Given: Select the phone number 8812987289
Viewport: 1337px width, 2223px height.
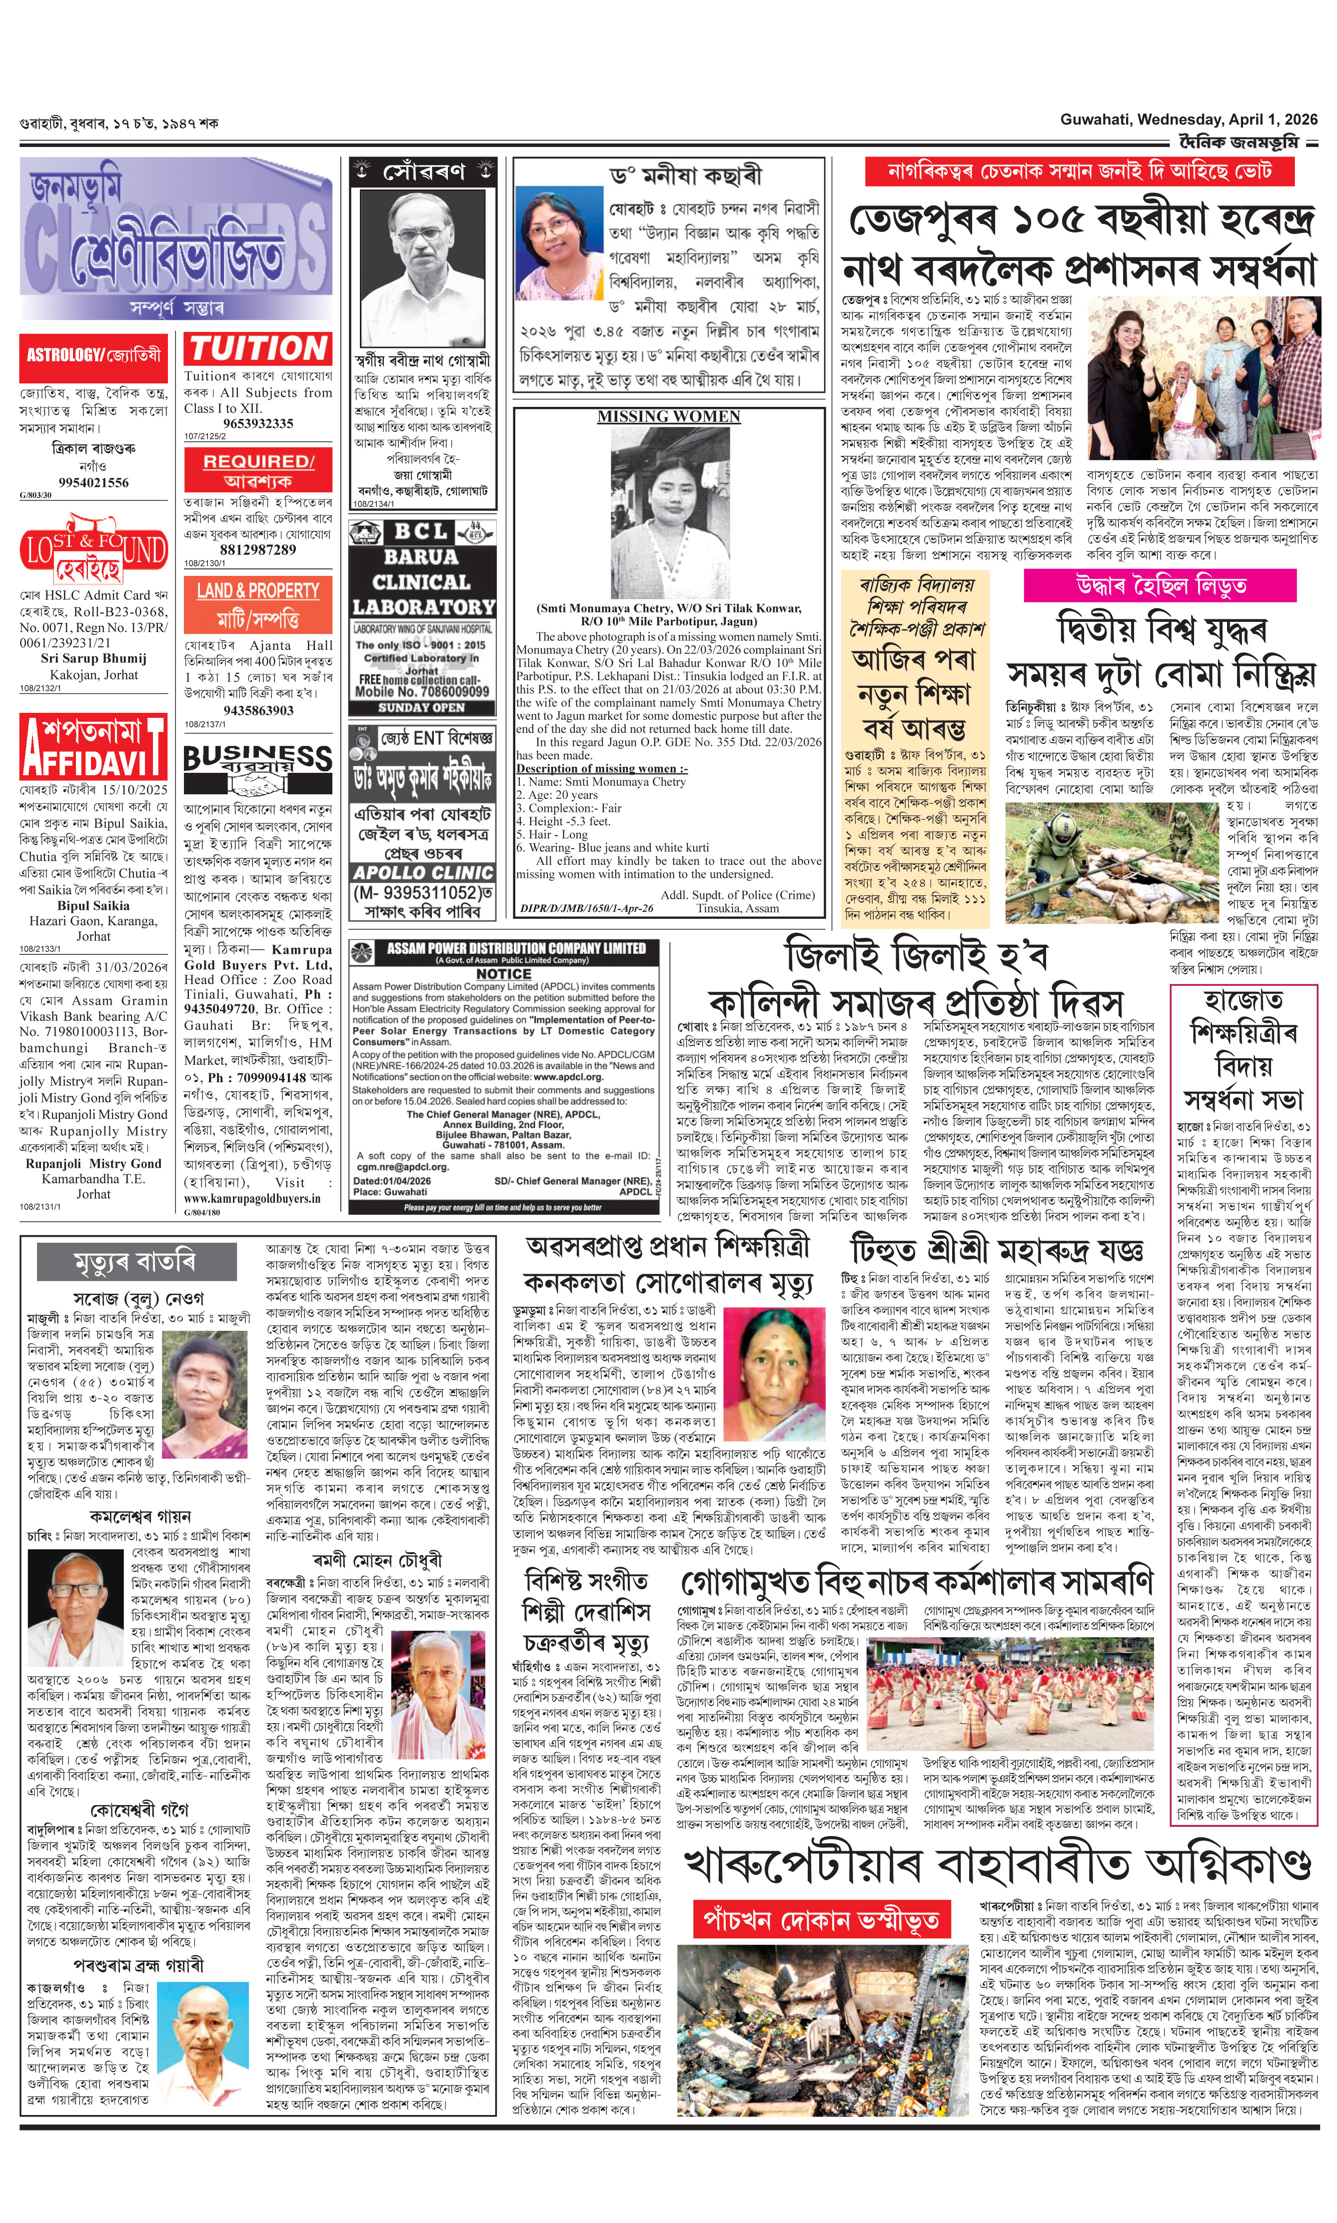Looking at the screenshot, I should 258,550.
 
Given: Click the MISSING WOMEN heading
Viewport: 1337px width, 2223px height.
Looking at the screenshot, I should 669,416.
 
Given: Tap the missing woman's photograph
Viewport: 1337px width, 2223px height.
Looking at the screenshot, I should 669,512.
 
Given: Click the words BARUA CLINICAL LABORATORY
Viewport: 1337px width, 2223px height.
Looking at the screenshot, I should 422,582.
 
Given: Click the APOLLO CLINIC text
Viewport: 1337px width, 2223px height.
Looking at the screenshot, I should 422,872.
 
